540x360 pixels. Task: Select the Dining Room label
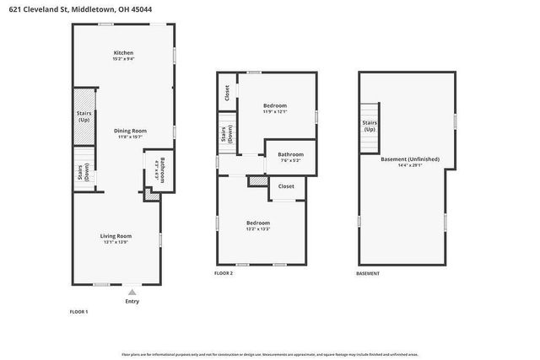click(131, 131)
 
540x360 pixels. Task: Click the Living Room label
click(117, 236)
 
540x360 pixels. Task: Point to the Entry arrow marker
click(131, 291)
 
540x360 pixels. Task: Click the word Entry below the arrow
click(132, 301)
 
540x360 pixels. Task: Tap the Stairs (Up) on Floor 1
click(84, 116)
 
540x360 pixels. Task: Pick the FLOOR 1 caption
click(78, 312)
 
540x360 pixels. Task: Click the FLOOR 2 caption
click(224, 273)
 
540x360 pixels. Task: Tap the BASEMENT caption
click(368, 273)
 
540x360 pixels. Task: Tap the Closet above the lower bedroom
click(286, 185)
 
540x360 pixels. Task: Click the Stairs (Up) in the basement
click(370, 126)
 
